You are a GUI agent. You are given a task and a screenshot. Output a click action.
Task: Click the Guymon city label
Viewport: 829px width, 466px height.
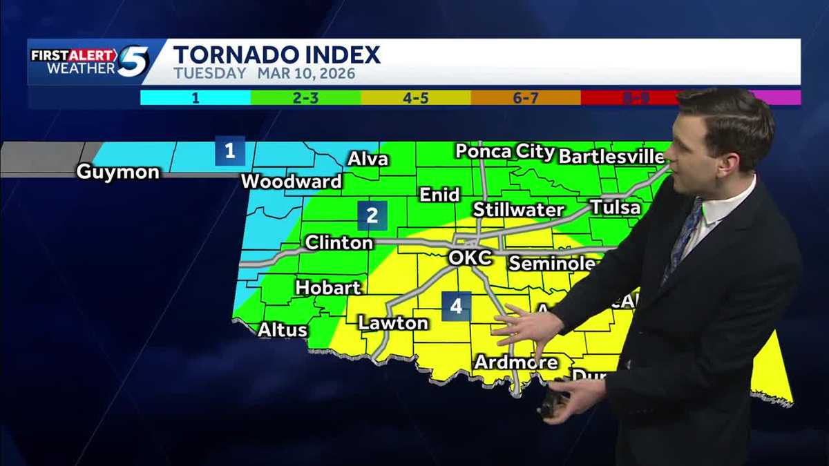117,171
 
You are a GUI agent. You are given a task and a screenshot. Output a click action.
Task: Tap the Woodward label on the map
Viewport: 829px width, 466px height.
292,182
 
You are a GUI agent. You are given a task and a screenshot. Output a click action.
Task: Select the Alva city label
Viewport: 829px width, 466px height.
368,159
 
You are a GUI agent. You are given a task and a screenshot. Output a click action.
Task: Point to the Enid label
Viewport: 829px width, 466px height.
440,195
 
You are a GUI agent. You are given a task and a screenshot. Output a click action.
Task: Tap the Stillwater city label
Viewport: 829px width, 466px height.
519,209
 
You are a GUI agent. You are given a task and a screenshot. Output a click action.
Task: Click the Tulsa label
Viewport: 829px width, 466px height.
615,207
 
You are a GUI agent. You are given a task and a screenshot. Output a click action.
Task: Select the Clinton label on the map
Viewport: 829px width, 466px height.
339,242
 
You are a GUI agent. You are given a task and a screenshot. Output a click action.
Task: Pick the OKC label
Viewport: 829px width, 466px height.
470,258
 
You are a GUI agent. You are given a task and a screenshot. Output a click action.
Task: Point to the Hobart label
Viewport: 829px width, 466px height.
328,287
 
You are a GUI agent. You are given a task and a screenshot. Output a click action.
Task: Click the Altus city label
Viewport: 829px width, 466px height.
283,329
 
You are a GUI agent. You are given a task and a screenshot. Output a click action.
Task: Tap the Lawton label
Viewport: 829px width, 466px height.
393,322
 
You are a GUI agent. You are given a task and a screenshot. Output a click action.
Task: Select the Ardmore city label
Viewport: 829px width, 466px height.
515,362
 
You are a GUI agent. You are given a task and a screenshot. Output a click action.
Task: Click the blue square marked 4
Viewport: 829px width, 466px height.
457,306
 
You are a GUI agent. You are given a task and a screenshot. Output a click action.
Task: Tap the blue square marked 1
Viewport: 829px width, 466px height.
230,151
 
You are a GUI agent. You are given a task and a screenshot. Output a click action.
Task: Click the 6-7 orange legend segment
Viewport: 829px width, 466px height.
526,98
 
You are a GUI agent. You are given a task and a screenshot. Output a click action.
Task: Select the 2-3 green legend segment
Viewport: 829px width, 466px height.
305,98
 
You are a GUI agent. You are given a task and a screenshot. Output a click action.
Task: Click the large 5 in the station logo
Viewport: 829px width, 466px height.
133,61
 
